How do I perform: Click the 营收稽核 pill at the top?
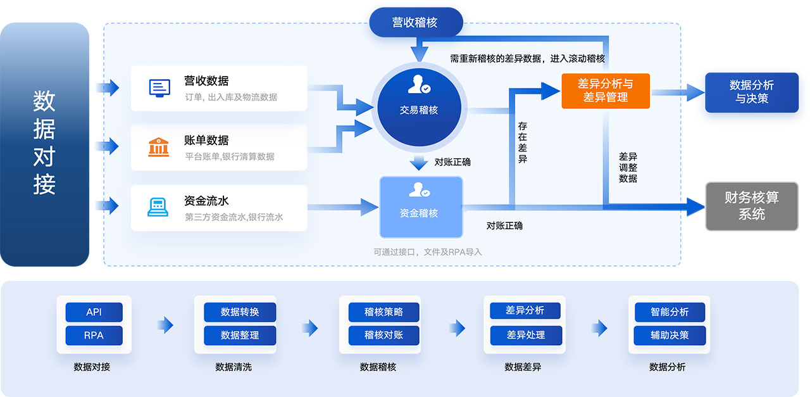click(415, 22)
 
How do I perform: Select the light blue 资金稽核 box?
click(421, 206)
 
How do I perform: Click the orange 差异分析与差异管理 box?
click(605, 91)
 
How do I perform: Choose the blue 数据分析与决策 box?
click(751, 92)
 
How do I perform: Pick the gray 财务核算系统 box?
click(751, 206)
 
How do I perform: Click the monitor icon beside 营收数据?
click(159, 87)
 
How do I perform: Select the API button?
click(94, 312)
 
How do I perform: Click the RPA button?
click(94, 335)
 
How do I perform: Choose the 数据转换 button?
click(239, 312)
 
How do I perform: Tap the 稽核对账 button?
click(383, 335)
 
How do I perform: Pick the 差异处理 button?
click(526, 335)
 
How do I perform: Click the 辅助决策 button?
click(670, 335)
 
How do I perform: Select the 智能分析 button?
click(670, 312)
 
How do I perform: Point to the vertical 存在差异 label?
click(522, 142)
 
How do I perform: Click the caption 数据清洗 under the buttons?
click(234, 367)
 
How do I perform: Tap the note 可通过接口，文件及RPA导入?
click(427, 252)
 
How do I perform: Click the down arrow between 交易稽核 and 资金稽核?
click(419, 162)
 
